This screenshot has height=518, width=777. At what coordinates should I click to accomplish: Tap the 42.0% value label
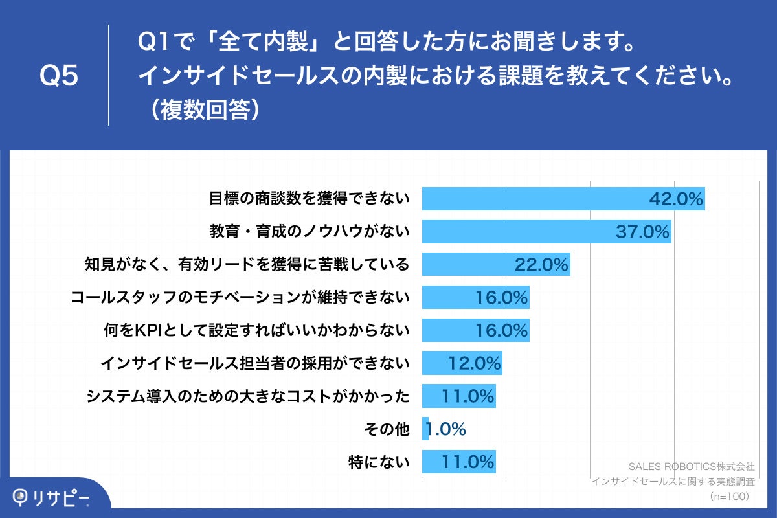click(676, 199)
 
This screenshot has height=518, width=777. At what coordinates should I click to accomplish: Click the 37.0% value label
click(642, 231)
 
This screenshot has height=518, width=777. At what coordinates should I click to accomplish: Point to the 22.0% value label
click(541, 264)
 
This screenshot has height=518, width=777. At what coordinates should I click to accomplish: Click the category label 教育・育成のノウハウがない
click(310, 231)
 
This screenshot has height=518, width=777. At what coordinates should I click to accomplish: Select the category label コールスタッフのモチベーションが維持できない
click(240, 297)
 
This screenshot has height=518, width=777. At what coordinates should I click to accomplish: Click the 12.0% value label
click(475, 363)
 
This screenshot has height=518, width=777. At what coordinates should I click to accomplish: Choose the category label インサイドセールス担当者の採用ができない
click(255, 363)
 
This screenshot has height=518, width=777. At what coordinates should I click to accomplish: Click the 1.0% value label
click(446, 429)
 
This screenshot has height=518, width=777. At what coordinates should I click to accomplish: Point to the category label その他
click(388, 429)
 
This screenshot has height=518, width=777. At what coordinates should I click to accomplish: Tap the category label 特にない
click(379, 462)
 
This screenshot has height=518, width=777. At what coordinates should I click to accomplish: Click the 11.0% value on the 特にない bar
click(468, 462)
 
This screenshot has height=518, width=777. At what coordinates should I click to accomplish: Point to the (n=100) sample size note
click(729, 496)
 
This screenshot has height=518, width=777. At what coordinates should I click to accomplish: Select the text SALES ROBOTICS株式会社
click(692, 466)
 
